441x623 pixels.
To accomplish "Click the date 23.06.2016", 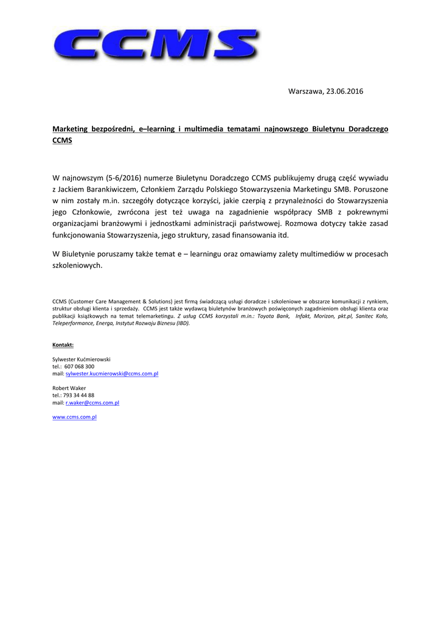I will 345,91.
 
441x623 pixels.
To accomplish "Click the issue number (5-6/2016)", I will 123,178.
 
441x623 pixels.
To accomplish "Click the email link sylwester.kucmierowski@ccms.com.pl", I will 112,374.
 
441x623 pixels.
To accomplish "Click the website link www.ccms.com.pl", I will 75,417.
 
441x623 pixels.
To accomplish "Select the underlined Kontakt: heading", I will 63,345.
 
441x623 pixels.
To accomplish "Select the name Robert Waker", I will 69,388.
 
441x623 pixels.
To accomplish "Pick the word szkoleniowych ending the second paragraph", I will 76,265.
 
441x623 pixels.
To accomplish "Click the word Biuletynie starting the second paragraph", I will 85,254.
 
